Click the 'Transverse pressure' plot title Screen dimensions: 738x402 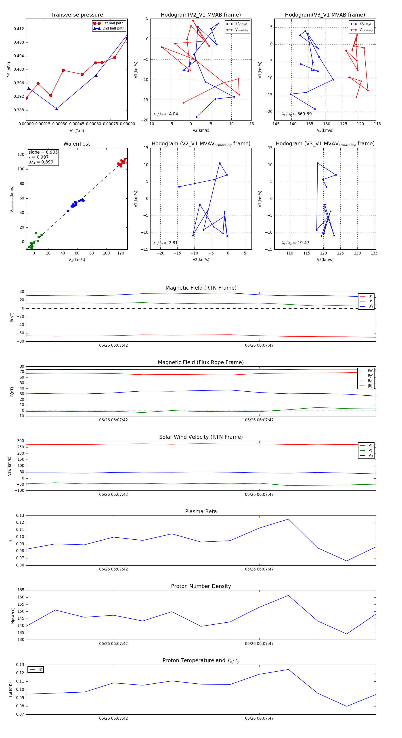click(x=77, y=15)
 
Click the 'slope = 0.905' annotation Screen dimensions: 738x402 click(x=43, y=152)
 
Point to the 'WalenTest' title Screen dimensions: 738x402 click(x=77, y=144)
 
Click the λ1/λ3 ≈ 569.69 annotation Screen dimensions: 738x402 click(x=297, y=114)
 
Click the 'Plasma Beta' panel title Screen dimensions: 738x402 click(x=201, y=512)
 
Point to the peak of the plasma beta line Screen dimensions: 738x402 click(x=288, y=519)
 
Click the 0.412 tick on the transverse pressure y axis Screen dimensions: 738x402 click(x=19, y=29)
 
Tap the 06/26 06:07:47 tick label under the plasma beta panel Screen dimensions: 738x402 click(x=259, y=569)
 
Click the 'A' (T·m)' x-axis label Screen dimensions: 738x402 click(x=77, y=131)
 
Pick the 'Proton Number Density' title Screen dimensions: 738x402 click(x=201, y=586)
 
